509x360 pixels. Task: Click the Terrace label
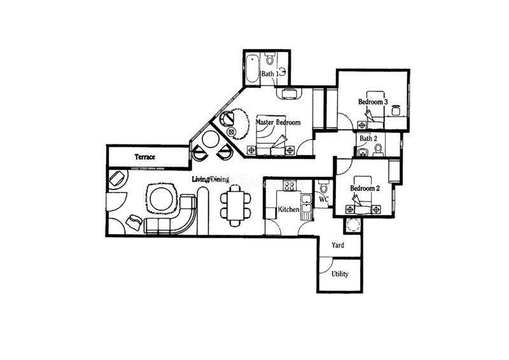[x=145, y=157]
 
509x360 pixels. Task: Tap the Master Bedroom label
[x=278, y=122]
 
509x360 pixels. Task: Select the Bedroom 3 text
[x=373, y=102]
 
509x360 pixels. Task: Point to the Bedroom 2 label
[x=365, y=188]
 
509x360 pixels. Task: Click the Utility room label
[x=340, y=274]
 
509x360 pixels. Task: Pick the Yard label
[x=338, y=245]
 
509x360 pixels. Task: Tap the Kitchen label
[x=289, y=210]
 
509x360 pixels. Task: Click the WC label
[x=324, y=199]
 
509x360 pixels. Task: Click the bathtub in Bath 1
[x=252, y=69]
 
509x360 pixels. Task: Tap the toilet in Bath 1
[x=269, y=58]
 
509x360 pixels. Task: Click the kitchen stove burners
[x=289, y=186]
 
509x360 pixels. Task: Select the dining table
[x=235, y=206]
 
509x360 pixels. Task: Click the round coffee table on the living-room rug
[x=161, y=200]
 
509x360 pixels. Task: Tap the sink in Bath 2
[x=363, y=152]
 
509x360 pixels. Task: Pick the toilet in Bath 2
[x=378, y=149]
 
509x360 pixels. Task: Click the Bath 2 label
[x=368, y=139]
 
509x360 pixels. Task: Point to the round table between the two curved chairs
[x=211, y=139]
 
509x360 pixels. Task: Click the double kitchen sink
[x=306, y=203]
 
